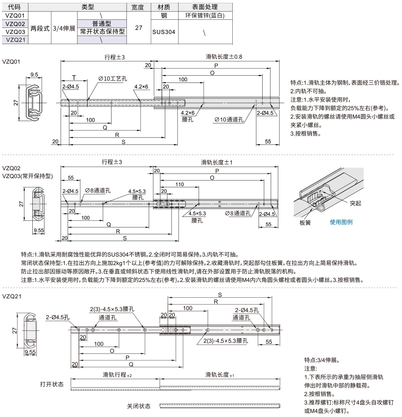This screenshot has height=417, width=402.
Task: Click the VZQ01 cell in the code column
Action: pyautogui.click(x=15, y=15)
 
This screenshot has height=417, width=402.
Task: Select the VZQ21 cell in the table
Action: pyautogui.click(x=15, y=40)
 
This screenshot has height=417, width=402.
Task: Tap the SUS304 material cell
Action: pyautogui.click(x=164, y=32)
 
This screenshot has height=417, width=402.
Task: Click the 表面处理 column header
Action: pyautogui.click(x=205, y=7)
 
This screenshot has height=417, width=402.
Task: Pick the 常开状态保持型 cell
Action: pyautogui.click(x=102, y=32)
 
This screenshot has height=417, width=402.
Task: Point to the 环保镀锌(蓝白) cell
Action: pyautogui.click(x=205, y=15)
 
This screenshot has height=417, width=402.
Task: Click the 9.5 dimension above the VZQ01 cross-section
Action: pyautogui.click(x=34, y=74)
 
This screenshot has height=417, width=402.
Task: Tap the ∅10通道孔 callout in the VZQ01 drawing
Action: pyautogui.click(x=229, y=119)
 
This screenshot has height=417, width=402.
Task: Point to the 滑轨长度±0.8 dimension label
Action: pyautogui.click(x=222, y=57)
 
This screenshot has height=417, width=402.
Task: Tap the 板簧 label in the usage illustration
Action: pyautogui.click(x=305, y=222)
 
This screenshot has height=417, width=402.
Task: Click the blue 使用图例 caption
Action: pyautogui.click(x=341, y=222)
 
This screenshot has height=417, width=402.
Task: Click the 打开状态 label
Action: pyautogui.click(x=52, y=384)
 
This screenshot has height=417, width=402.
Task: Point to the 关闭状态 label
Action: pyautogui.click(x=139, y=406)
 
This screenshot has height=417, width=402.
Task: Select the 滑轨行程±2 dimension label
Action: pyautogui.click(x=117, y=375)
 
